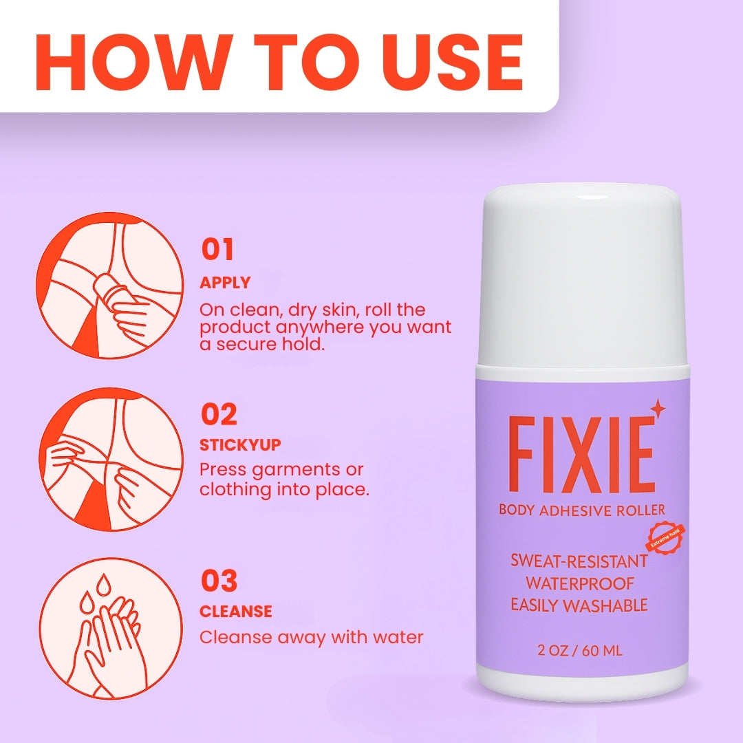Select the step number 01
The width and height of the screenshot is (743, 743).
(217, 249)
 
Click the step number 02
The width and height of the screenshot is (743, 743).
(219, 415)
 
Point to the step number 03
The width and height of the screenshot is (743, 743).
(219, 581)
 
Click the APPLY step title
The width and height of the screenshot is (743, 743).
(225, 283)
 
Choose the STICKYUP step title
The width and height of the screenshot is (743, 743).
(240, 445)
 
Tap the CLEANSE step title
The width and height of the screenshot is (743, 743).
(236, 612)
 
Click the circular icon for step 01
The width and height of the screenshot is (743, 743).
(109, 286)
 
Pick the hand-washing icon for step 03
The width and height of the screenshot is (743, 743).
(111, 628)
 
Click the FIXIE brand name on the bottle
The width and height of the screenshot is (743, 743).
(581, 455)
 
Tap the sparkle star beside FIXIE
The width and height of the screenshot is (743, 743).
(658, 409)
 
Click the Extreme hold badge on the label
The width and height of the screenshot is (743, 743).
(665, 537)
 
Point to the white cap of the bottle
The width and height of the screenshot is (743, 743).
(582, 276)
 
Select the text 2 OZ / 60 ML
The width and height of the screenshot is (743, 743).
(579, 651)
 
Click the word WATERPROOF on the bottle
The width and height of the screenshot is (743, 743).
(579, 583)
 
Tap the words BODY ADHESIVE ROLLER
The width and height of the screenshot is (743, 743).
(582, 510)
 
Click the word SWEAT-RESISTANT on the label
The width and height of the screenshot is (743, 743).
(579, 561)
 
